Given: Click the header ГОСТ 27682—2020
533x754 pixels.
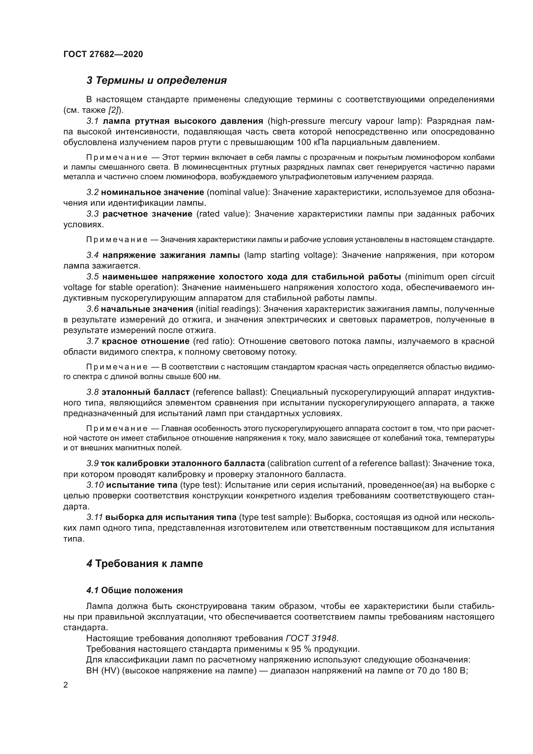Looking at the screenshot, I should (103, 54).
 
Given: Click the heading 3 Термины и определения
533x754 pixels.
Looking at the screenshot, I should (157, 81).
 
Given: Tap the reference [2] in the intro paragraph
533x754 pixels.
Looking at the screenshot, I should (114, 110).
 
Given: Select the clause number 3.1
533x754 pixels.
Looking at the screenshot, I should (92, 121).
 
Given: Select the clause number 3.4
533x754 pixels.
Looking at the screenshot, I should (92, 255).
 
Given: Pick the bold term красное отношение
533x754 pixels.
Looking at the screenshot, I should (146, 341).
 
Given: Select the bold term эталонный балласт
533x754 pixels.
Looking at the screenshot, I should (146, 392).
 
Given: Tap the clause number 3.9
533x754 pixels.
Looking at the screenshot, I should (92, 463).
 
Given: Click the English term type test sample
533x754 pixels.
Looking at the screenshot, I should (275, 517).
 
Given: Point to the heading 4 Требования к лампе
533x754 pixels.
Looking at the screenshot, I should (145, 564).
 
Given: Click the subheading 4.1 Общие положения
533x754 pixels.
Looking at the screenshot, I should (135, 591).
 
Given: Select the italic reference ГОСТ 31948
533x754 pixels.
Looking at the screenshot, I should (311, 638).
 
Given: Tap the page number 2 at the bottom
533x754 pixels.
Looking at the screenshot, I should (65, 685).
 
